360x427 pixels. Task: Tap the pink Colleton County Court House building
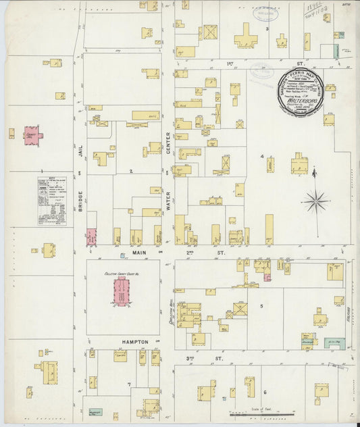(122, 291)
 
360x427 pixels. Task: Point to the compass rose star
(316, 201)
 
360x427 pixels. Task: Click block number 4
(262, 157)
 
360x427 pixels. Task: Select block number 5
(262, 306)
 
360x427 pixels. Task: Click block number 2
(131, 171)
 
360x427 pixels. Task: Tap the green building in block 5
(334, 343)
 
